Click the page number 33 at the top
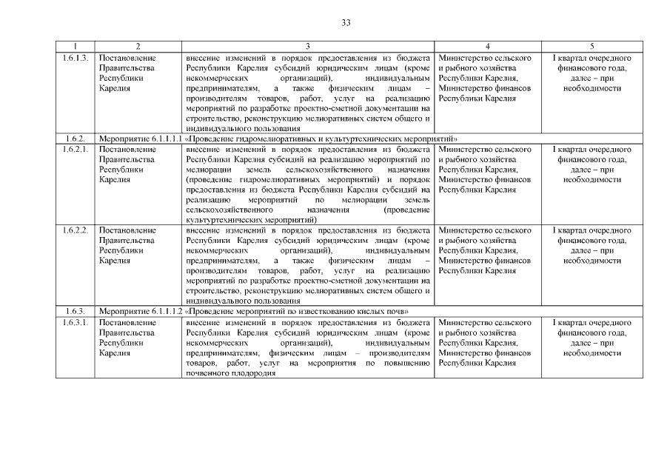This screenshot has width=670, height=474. click(346, 22)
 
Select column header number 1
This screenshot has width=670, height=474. click(76, 47)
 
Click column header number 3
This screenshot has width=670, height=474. click(307, 47)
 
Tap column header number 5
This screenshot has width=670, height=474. click(592, 47)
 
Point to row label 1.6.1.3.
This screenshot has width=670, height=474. click(76, 58)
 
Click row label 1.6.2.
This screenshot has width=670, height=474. click(74, 138)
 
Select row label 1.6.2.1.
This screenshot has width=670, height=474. click(76, 150)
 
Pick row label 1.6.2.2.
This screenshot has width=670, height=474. click(76, 230)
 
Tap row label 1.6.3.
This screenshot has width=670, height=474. click(74, 312)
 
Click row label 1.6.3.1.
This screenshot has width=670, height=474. click(76, 323)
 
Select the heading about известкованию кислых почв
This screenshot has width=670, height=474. click(254, 312)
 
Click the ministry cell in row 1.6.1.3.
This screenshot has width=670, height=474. click(485, 78)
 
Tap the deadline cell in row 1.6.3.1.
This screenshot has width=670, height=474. click(592, 338)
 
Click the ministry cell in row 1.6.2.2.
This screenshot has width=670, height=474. click(485, 250)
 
